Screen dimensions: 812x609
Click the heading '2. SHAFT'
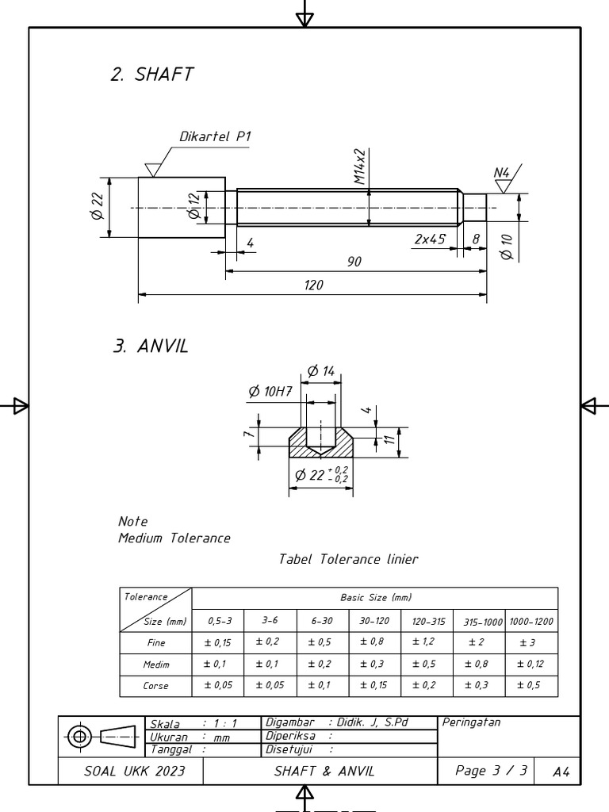coord(151,75)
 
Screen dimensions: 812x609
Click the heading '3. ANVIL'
coord(151,347)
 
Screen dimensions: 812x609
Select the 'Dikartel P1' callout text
coord(215,136)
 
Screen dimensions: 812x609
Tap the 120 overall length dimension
coord(313,285)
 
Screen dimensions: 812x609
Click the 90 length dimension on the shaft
coord(354,262)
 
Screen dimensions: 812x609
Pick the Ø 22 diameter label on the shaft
coord(98,206)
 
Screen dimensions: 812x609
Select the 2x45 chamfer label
coord(429,239)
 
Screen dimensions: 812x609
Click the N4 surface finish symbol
coord(503,178)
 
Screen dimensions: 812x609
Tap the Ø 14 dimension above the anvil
coord(321,371)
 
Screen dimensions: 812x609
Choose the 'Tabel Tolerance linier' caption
coord(348,559)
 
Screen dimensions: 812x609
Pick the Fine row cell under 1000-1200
coord(531,643)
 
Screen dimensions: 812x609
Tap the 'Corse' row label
coord(155,686)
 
